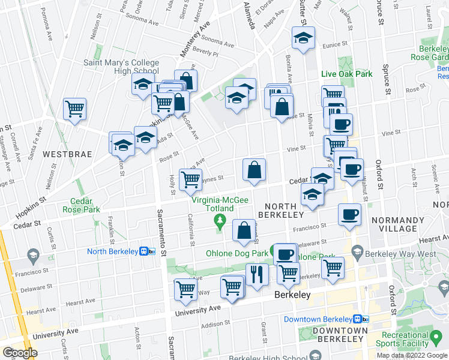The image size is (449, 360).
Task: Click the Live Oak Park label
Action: coord(346,74)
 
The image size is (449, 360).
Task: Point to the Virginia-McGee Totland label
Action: coord(212,204)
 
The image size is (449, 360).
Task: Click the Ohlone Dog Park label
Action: coord(237,253)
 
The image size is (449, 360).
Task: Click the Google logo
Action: coord(20,352)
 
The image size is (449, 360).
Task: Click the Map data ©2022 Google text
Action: coord(411,355)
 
